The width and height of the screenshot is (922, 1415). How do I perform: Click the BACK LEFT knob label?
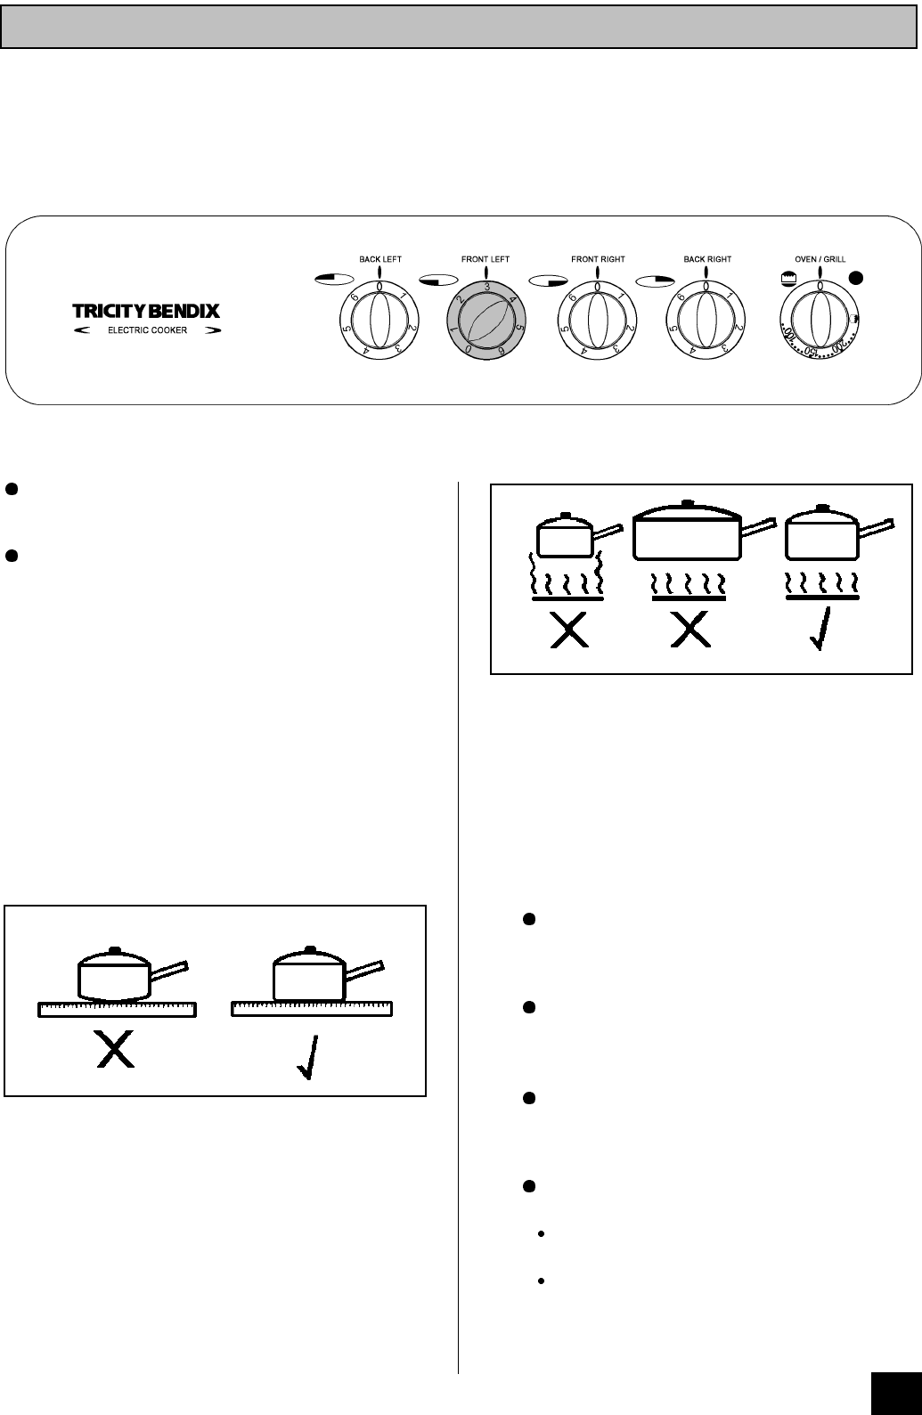[x=380, y=259]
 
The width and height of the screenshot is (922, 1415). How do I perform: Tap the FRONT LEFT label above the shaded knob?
[x=485, y=259]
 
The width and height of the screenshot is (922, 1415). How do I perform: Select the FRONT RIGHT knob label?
[x=598, y=259]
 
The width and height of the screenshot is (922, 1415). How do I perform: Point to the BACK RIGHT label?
[x=707, y=259]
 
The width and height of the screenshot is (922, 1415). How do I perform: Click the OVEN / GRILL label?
[x=820, y=259]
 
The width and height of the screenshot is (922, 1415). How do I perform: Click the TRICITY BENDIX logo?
[x=145, y=312]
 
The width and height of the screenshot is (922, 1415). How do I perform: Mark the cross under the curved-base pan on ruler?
[x=116, y=1053]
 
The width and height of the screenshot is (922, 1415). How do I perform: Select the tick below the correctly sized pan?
[x=822, y=629]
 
